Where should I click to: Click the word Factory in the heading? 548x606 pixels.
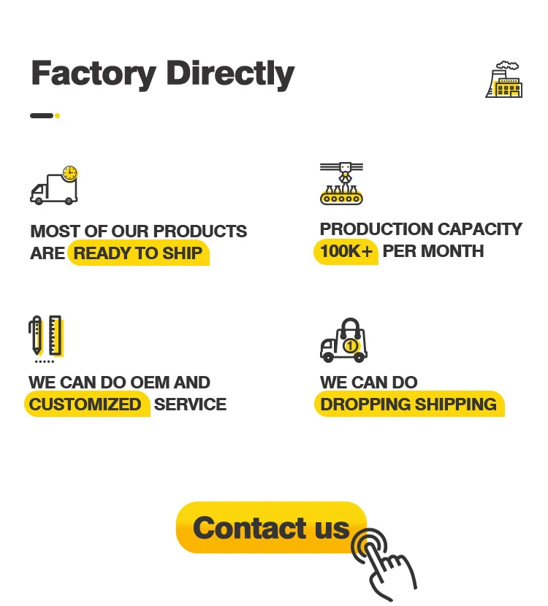(94, 73)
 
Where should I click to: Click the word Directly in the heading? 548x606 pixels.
(230, 73)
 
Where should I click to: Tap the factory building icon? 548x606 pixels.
(504, 80)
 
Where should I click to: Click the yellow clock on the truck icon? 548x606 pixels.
(69, 174)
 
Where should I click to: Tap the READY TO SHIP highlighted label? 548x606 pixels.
(138, 253)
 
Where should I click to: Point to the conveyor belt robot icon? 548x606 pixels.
(341, 183)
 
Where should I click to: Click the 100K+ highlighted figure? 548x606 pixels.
(346, 251)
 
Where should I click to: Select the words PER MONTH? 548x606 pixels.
(433, 251)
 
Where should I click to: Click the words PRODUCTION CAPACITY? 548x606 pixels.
(421, 229)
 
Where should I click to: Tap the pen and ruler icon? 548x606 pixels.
(45, 338)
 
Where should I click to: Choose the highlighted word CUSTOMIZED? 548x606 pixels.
(85, 404)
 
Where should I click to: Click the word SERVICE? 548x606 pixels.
(190, 404)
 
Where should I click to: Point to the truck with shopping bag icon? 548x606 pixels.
(343, 340)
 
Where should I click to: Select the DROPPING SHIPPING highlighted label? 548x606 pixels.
(408, 404)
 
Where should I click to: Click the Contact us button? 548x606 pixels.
(271, 527)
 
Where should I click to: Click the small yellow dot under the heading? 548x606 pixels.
(57, 115)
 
